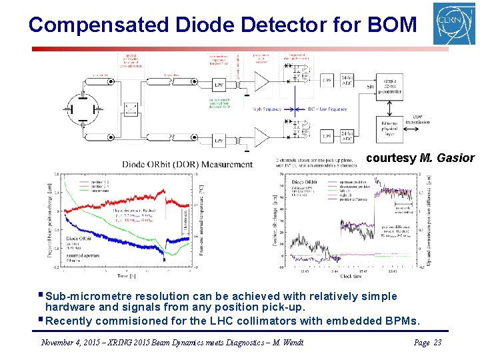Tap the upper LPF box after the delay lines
point(219,85)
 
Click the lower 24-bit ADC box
point(347,136)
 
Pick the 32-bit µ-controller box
point(390,85)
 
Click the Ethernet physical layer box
point(391,128)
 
